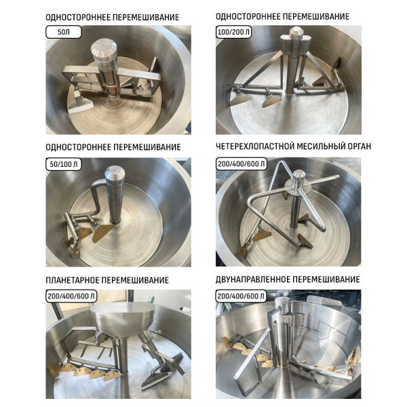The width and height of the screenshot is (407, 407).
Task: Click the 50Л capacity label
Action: click(x=64, y=32)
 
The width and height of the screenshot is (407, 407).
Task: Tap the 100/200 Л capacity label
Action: click(x=233, y=32)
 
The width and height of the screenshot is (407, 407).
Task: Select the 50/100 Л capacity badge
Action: click(x=64, y=164)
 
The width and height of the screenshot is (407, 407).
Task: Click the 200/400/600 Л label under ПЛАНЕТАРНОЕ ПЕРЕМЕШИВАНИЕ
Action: click(x=71, y=296)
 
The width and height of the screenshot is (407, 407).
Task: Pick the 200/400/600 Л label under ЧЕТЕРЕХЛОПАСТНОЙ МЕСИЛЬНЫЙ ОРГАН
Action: click(x=241, y=163)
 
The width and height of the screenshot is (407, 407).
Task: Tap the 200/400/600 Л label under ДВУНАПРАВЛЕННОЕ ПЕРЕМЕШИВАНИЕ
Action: click(x=241, y=296)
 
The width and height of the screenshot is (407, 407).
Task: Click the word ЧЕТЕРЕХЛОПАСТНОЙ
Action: click(x=255, y=147)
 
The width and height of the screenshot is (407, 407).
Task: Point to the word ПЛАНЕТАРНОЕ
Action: click(x=72, y=280)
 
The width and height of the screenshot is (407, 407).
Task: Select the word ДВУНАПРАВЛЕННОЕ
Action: click(x=253, y=279)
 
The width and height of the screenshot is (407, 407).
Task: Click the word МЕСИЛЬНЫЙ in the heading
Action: click(x=319, y=147)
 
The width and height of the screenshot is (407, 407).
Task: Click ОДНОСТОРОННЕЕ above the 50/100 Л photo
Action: click(x=79, y=147)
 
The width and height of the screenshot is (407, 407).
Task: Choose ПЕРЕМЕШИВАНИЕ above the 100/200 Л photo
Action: click(x=316, y=16)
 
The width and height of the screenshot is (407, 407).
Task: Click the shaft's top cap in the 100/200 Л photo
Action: click(x=295, y=33)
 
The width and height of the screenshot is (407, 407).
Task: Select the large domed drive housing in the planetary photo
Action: click(x=122, y=317)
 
